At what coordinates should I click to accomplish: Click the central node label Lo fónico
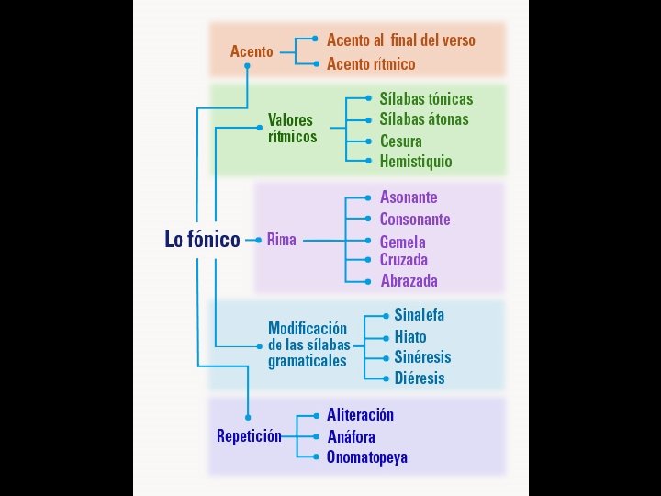coord(202,240)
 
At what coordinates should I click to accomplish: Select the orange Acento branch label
coord(252,51)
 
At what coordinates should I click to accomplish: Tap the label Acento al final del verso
coord(401,40)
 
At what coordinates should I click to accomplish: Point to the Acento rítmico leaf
coord(371,64)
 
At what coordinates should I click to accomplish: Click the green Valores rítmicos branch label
coord(292,129)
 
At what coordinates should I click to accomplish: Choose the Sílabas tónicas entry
coord(426,99)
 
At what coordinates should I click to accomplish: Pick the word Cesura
coord(401,141)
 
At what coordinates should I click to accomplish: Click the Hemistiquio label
coord(416,162)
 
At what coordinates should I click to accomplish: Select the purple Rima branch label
coord(282,240)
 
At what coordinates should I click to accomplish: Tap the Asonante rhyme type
coord(409,197)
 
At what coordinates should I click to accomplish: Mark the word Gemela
coord(403,242)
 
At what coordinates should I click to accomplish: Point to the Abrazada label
coord(409,281)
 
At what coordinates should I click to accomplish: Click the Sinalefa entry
coord(420,314)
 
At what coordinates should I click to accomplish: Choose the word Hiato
coord(410,337)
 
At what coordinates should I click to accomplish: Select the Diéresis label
coord(420,378)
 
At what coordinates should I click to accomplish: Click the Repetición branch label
coord(249,436)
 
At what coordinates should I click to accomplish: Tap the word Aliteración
coord(361,415)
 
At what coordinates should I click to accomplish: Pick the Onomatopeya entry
coord(367,457)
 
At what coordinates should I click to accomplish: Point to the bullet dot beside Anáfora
coord(316,436)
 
